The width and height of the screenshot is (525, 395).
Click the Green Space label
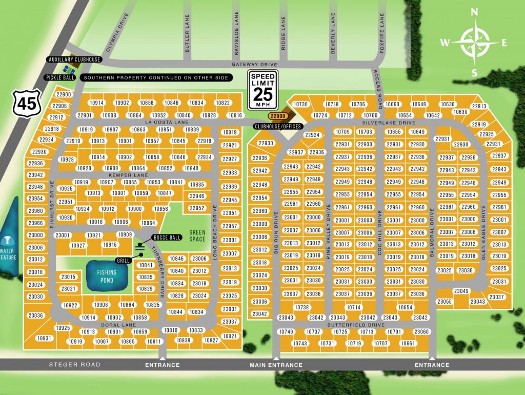pos(196,235)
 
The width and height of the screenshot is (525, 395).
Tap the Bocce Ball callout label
pos(167,238)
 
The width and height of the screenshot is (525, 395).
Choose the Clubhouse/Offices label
pos(277,126)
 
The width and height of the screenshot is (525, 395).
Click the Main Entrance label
pos(276,365)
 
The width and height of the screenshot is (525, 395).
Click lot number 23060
pos(421,332)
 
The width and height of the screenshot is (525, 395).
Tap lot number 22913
pos(478,106)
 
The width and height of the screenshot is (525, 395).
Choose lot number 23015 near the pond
pos(68,277)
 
